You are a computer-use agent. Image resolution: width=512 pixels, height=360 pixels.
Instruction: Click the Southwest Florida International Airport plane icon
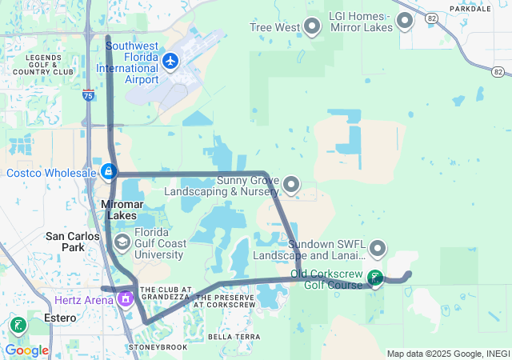[170, 61]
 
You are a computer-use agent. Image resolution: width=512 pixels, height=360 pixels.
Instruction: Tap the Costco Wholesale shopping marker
[109, 171]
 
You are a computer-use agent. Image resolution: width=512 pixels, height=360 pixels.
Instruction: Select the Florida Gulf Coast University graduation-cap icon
[122, 242]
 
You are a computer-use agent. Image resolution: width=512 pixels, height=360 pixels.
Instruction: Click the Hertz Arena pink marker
[125, 299]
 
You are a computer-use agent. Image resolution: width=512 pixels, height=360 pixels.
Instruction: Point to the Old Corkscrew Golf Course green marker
[374, 278]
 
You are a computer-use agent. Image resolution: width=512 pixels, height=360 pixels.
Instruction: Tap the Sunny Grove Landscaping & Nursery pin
[291, 186]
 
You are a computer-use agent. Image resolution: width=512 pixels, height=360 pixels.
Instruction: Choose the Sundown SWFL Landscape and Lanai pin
[378, 250]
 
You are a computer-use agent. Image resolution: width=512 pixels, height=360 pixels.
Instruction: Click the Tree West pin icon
[312, 27]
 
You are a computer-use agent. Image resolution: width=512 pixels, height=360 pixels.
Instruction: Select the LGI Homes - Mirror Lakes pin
[405, 20]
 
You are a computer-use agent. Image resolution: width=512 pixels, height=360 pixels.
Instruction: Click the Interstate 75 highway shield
[88, 95]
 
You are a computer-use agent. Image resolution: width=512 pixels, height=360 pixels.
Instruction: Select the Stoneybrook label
[158, 347]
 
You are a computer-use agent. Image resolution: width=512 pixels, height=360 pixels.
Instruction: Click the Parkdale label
[470, 9]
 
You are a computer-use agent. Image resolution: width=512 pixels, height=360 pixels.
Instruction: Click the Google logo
[26, 350]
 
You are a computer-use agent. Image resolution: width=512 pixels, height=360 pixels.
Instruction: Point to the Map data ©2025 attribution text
[447, 354]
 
